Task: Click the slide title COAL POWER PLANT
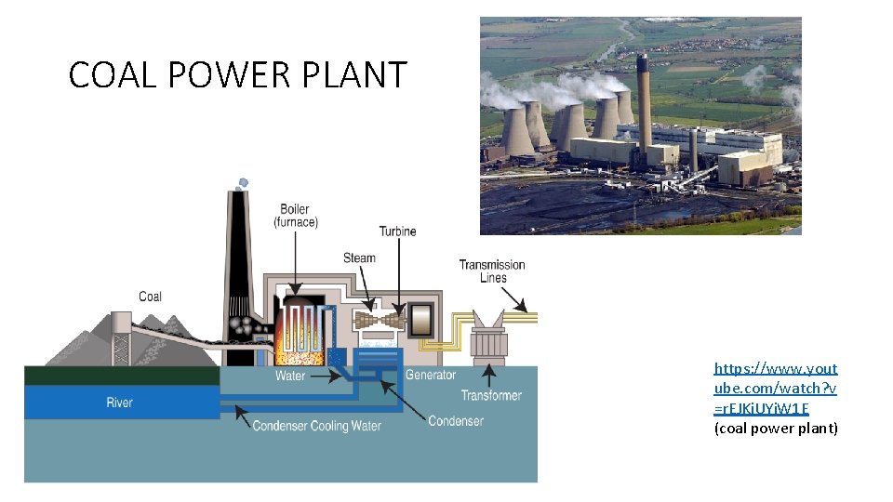[x=238, y=74]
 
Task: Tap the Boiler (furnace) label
[x=295, y=216]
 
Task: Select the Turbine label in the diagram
[x=397, y=231]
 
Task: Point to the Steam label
[x=359, y=258]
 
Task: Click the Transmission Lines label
[x=492, y=271]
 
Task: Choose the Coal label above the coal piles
[x=150, y=297]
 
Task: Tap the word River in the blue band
[x=119, y=403]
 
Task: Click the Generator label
[x=431, y=375]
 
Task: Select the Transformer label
[x=491, y=395]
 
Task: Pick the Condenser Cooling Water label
[x=317, y=426]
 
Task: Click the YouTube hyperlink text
[x=776, y=389]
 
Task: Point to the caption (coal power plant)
[x=776, y=429]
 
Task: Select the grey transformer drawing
[x=487, y=339]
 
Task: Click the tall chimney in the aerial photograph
[x=642, y=102]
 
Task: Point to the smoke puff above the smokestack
[x=242, y=183]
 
